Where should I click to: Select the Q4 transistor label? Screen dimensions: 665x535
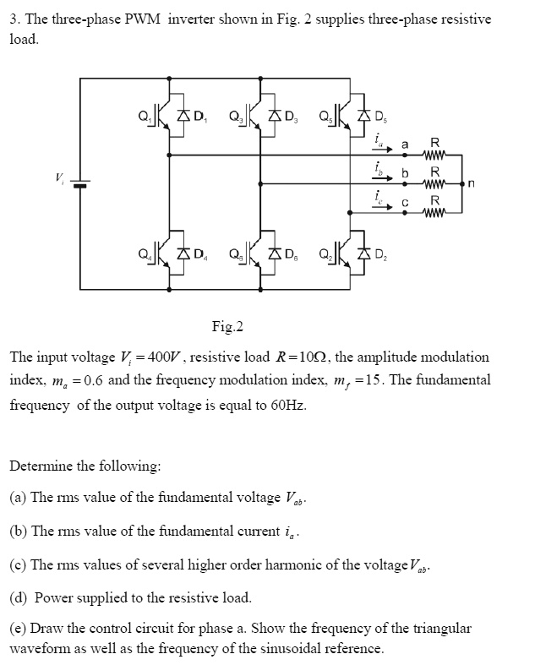coord(143,252)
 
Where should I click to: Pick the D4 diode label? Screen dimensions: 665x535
coord(199,252)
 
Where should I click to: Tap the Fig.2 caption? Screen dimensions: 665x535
coord(227,327)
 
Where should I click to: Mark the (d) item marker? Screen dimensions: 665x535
coord(18,597)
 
